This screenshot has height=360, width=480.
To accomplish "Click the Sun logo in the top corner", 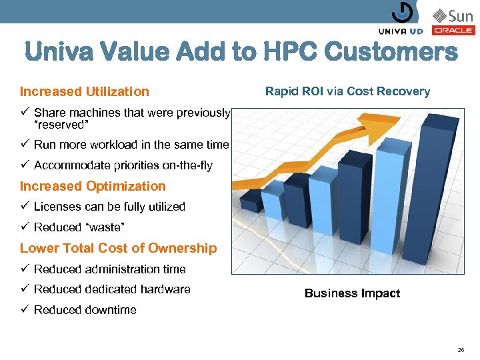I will point(453,15).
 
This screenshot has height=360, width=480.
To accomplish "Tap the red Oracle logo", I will point(453,30).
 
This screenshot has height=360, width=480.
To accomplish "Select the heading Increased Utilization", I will point(85,91).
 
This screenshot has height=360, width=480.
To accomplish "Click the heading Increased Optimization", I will point(93,186).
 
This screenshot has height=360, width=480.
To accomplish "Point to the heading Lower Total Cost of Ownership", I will point(118,248).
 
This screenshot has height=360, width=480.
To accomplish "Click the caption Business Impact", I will point(352,293).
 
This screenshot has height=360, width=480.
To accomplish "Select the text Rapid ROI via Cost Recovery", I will point(347,91).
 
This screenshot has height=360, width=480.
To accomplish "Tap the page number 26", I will point(461,349).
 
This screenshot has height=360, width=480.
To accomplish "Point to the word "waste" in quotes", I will point(104,227).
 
